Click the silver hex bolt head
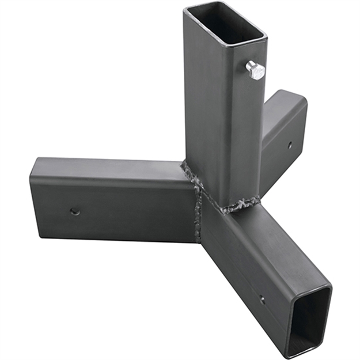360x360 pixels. coord(256,70)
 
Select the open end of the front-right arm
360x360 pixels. coord(308,320)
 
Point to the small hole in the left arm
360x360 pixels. coord(75,211)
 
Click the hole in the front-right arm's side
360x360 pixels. coord(262,300)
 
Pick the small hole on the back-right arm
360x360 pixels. coord(289,146)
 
